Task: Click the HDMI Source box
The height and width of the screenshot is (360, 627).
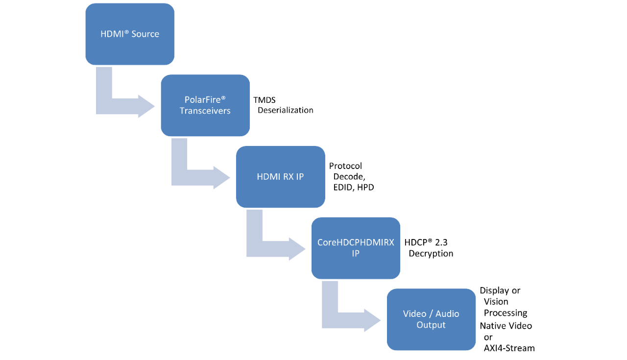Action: (130, 34)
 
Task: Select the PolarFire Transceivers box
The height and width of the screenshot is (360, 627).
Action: (205, 105)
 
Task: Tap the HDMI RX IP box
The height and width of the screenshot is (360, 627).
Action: (281, 177)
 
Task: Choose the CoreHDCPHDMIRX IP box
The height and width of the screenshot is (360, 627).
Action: (356, 248)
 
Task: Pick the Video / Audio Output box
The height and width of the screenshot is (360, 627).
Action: (431, 319)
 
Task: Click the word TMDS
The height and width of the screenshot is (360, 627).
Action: (264, 100)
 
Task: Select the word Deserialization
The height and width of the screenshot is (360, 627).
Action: (285, 110)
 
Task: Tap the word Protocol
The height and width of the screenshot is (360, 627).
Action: (345, 166)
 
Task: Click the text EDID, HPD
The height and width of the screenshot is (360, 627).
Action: (354, 187)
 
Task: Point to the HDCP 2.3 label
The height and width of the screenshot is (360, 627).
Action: (426, 242)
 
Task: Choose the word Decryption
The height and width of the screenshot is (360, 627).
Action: (431, 254)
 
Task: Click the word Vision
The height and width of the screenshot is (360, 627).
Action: (496, 302)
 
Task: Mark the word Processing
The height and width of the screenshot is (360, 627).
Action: (506, 313)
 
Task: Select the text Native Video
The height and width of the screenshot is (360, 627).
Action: (506, 326)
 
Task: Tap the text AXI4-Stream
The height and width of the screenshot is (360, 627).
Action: (509, 348)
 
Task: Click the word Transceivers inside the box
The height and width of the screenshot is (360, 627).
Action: (205, 111)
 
